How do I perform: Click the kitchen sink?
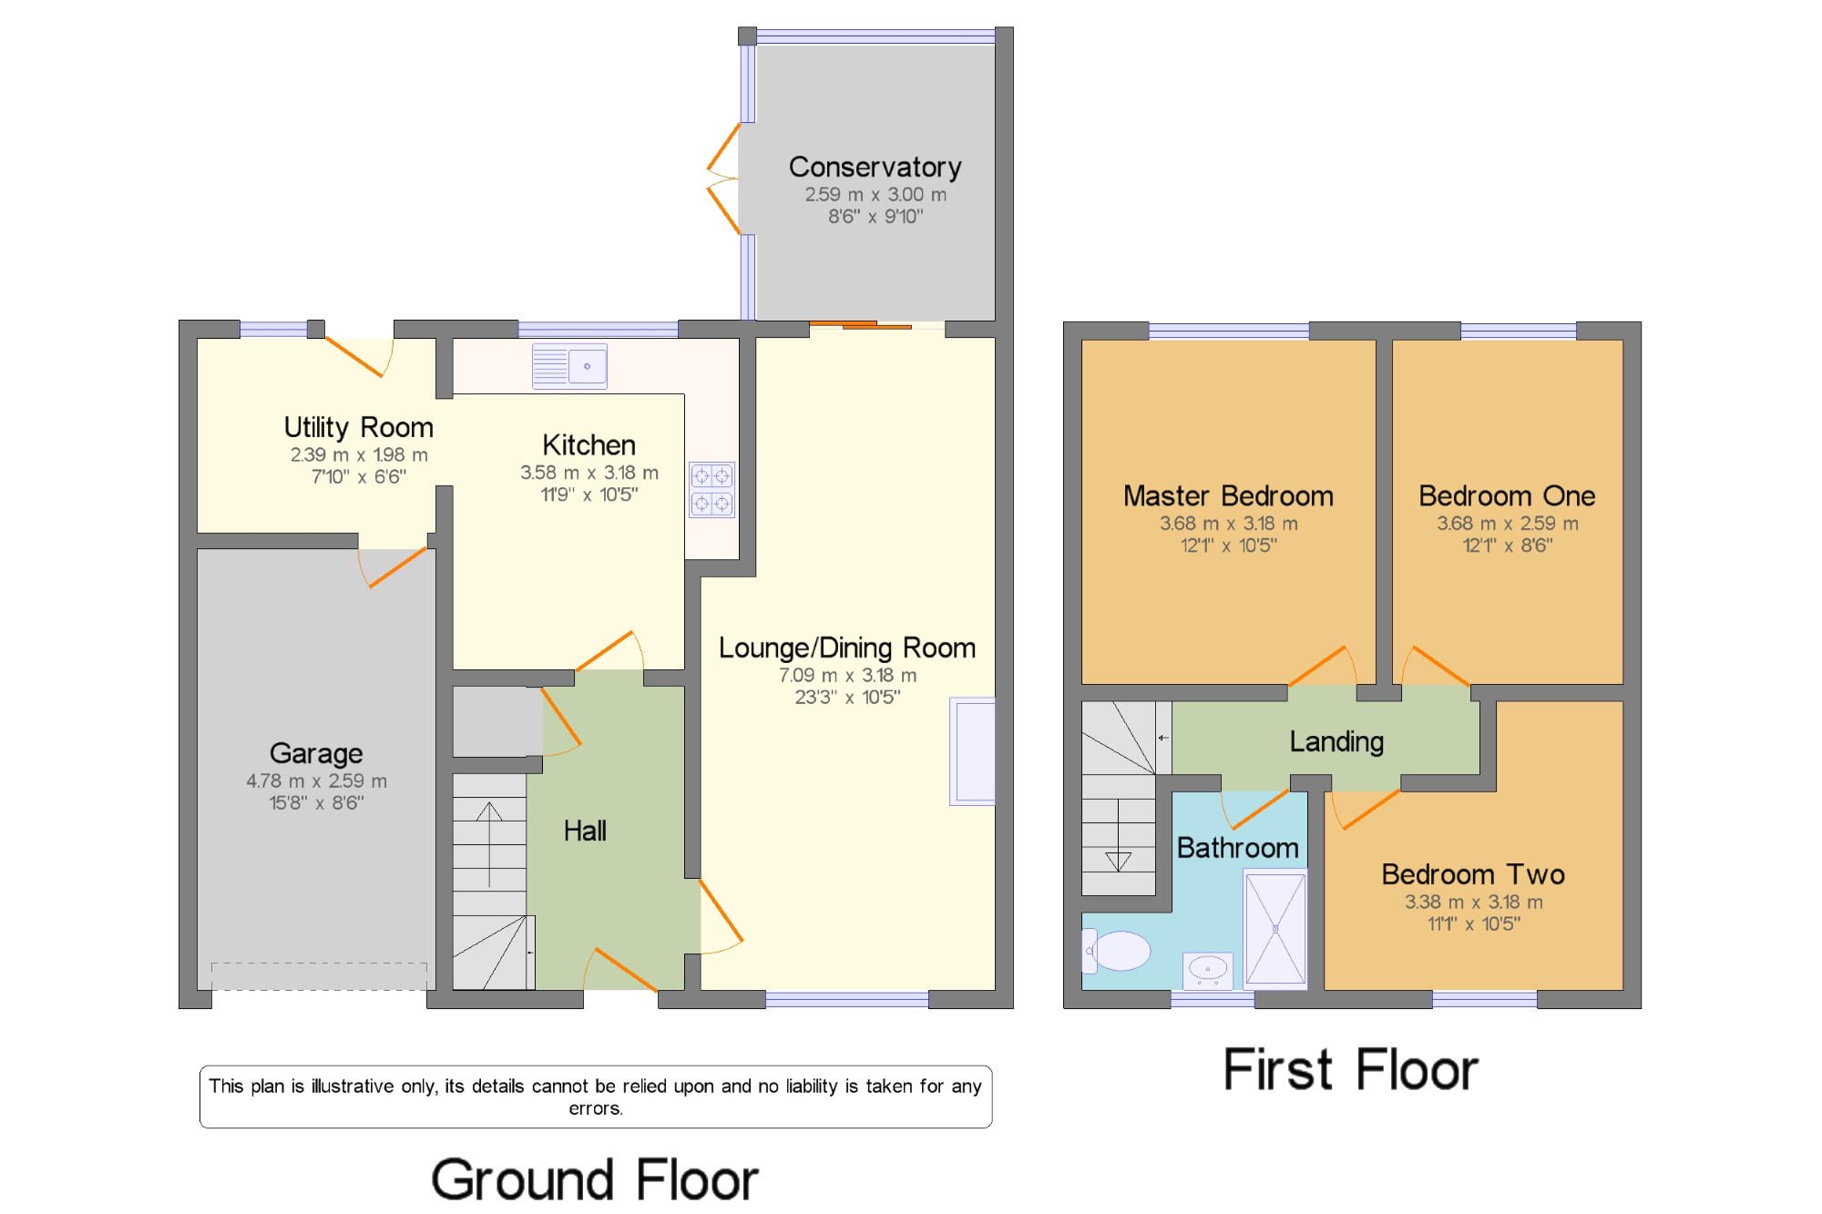coord(569,366)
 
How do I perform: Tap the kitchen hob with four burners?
coord(711,490)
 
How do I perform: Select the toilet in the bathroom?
coord(1116,951)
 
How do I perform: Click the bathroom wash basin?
coord(1208,971)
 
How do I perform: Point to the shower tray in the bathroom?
coord(1275,929)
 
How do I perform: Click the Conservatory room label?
coord(875,168)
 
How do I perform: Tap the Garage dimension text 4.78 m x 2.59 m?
coord(316,781)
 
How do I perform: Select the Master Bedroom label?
coord(1228,496)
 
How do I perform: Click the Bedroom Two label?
coord(1473,874)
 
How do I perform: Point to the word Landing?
coord(1336,742)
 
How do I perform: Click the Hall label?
coord(585,831)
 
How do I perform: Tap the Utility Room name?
coord(358,428)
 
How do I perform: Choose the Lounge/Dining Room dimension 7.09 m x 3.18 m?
coord(847,676)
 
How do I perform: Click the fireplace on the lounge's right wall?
coord(972,751)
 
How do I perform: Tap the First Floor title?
coord(1350,1069)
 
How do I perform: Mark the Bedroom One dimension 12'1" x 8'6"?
coord(1508,546)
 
